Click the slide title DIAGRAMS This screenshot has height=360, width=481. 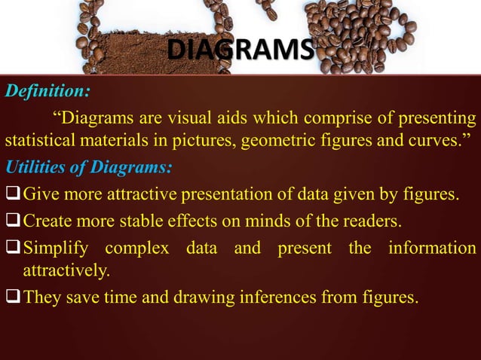coord(239,51)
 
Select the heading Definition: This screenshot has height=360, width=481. coord(47,92)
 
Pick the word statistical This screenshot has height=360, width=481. coord(35,142)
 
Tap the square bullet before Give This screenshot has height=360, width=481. coord(13,197)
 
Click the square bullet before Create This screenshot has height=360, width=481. coord(13,222)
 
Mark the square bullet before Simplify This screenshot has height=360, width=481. coord(13,248)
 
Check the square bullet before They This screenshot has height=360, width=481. coord(13,297)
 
